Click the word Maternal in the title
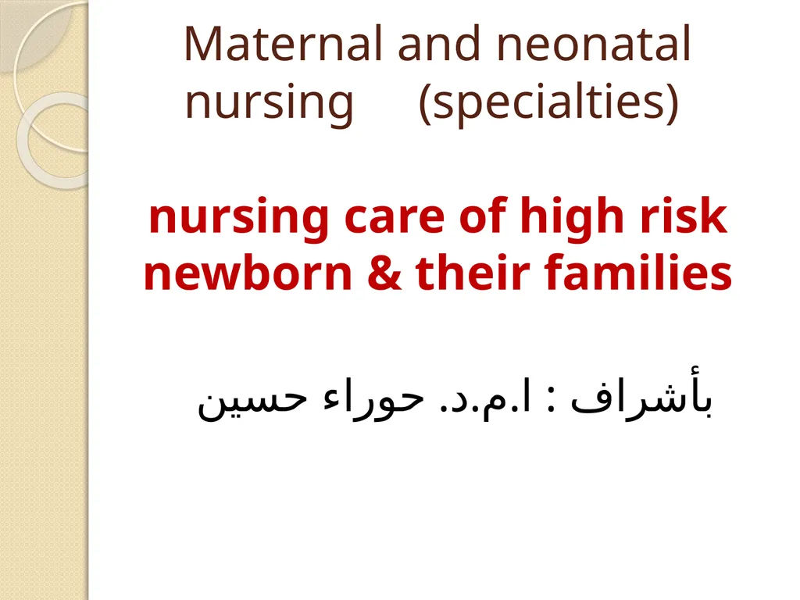(x=283, y=44)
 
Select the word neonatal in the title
(x=594, y=44)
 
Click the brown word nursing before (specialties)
(x=269, y=103)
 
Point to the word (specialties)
(x=548, y=102)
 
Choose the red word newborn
(x=248, y=273)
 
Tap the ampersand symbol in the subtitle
(x=384, y=273)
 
